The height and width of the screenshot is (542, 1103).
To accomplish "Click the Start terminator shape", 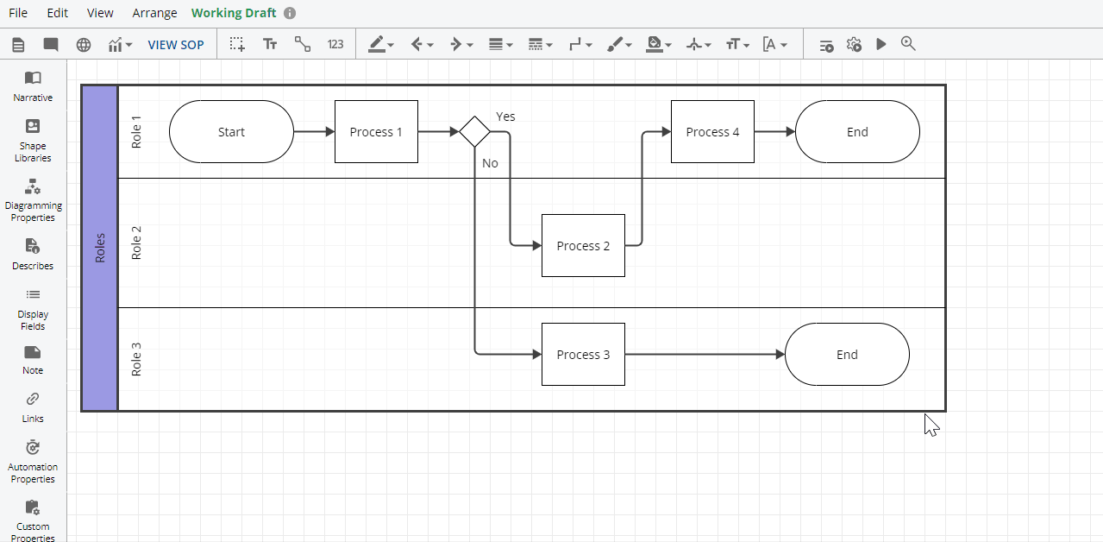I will pos(231,132).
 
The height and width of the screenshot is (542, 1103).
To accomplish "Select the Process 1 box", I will pos(376,132).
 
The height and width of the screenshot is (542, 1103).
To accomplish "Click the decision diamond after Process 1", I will pos(474,132).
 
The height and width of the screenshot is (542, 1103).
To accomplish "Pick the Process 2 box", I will pos(583,246).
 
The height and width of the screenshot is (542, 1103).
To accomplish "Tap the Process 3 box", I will pos(583,355).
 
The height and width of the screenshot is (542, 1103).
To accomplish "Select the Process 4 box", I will pos(712,132).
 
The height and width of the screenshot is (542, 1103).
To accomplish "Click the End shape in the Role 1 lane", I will pos(857,132).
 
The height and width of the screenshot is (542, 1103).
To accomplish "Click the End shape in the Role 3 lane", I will pos(847,355).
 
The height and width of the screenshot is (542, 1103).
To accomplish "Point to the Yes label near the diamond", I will pos(505,117).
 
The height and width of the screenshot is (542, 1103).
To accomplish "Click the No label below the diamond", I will pos(490,163).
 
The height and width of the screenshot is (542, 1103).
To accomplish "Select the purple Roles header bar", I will pos(100,248).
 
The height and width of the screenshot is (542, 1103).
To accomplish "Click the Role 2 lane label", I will pos(136,243).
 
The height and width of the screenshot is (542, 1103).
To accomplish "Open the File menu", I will pos(18,13).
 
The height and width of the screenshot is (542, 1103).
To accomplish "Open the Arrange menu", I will pos(154,13).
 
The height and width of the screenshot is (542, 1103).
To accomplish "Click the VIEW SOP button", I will pos(176,45).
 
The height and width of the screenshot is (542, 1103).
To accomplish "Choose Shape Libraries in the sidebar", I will pos(33,140).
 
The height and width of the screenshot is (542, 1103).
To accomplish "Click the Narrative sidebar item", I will pos(33,85).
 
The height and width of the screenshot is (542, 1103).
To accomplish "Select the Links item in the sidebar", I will pos(33,406).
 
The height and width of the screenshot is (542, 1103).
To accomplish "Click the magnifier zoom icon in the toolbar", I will pos(908,44).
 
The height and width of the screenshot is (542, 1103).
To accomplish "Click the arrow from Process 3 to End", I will pos(703,355).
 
